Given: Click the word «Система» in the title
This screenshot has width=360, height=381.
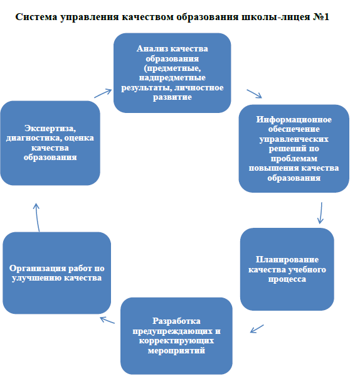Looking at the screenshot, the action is [36, 17].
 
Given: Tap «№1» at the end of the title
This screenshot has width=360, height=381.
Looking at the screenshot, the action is [321, 17].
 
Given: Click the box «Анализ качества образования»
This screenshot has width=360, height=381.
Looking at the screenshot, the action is [172, 73].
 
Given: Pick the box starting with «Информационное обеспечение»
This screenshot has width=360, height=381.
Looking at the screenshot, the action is [294, 149].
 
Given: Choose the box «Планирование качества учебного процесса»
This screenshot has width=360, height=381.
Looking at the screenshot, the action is [287, 269].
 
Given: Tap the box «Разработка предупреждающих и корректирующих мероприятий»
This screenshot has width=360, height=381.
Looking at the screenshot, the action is [176, 336].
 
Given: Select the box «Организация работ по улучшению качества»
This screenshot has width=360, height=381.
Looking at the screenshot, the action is [57, 273].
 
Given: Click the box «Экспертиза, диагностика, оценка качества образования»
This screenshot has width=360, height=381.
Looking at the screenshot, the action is [50, 143].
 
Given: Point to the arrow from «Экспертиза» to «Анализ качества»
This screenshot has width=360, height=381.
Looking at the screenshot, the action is [103, 94].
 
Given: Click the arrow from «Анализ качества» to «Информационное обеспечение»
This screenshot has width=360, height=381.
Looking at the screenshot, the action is [255, 94].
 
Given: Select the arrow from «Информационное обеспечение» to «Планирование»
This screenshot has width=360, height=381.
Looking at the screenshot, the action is [321, 213].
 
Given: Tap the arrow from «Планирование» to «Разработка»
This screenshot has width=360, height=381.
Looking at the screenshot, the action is [257, 328].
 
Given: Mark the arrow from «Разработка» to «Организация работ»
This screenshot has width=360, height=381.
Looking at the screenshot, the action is [107, 320].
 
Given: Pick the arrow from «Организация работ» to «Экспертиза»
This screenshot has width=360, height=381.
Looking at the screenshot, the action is [37, 217].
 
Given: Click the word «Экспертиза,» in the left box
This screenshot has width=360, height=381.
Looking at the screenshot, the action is [50, 128].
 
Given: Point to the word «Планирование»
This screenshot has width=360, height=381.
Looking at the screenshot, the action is [287, 260].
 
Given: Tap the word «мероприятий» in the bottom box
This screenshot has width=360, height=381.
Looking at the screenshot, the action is [176, 351].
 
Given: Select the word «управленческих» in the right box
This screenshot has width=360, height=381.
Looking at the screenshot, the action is [294, 139].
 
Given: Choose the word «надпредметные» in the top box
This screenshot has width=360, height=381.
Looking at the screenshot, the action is [172, 78].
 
